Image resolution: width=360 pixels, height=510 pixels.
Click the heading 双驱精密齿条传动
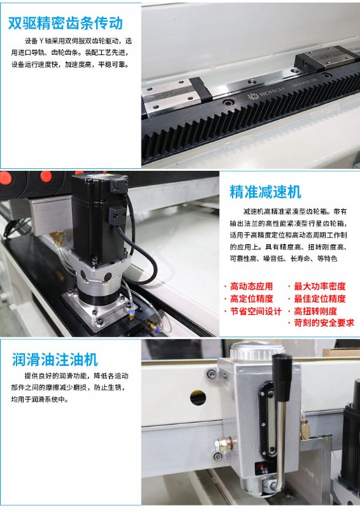tap(66, 23)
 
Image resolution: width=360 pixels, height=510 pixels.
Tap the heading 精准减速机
tap(265, 192)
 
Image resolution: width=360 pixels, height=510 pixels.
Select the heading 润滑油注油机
tap(55, 360)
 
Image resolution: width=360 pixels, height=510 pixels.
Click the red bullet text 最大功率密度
tap(319, 286)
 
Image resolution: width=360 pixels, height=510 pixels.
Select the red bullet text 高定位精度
tap(251, 298)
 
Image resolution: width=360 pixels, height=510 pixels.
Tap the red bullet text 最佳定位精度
tap(319, 298)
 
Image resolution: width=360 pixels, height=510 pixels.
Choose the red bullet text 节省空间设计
tap(256, 311)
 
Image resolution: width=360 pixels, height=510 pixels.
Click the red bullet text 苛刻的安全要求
tap(324, 323)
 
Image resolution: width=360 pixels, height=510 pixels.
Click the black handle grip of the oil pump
tap(282, 377)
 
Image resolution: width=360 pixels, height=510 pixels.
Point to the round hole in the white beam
tap(198, 398)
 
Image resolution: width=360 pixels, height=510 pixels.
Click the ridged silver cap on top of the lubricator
tap(257, 350)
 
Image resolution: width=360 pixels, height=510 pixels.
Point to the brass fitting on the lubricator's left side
tap(223, 444)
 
